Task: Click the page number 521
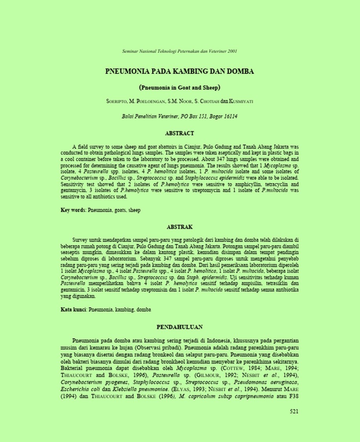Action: (294, 411)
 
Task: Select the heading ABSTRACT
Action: (180, 133)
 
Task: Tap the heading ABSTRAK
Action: (180, 227)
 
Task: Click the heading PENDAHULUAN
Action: (180, 327)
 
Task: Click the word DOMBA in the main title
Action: (240, 72)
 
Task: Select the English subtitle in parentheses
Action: (180, 87)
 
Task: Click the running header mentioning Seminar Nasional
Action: (180, 51)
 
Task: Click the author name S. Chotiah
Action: (207, 101)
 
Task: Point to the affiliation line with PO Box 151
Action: (180, 116)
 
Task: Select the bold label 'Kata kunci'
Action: (73, 310)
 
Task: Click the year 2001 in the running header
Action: (232, 51)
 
